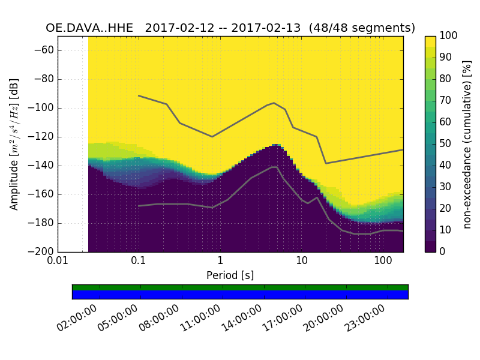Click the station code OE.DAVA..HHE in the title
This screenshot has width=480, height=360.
click(91, 28)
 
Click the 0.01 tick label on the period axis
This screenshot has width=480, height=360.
click(58, 262)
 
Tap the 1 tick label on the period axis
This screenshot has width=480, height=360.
click(220, 262)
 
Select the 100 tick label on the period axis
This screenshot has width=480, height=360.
click(383, 262)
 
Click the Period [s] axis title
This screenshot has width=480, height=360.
click(230, 275)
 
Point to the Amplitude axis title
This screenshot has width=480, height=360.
click(14, 144)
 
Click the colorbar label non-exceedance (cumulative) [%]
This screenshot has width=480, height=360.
click(467, 144)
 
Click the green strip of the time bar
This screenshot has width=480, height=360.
click(240, 287)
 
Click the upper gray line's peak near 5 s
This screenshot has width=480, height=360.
click(274, 103)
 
